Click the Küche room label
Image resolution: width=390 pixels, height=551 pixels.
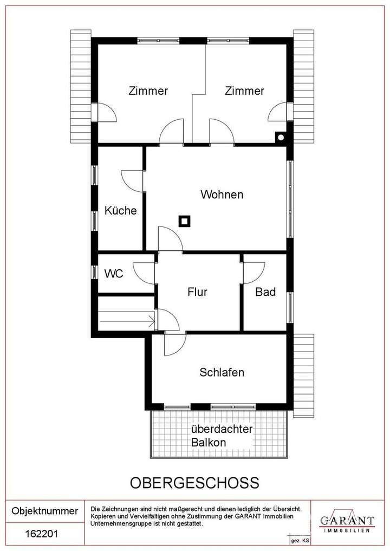(121, 211)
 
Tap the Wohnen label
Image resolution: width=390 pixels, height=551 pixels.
(222, 195)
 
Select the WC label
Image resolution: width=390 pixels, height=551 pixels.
(113, 274)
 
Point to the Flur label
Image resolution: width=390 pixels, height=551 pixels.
(198, 292)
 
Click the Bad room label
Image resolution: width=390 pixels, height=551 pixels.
(265, 292)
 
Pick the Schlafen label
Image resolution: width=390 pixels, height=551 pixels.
(222, 372)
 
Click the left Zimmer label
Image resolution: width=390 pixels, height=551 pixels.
(148, 90)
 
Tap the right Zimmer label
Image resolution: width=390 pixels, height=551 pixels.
(244, 90)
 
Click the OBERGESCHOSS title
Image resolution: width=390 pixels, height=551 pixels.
(195, 482)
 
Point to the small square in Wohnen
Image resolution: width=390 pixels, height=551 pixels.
(185, 221)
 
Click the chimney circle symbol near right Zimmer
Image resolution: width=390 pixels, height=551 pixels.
(281, 137)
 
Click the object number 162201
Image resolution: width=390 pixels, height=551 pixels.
(42, 534)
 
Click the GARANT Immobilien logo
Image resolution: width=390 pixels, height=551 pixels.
(347, 522)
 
